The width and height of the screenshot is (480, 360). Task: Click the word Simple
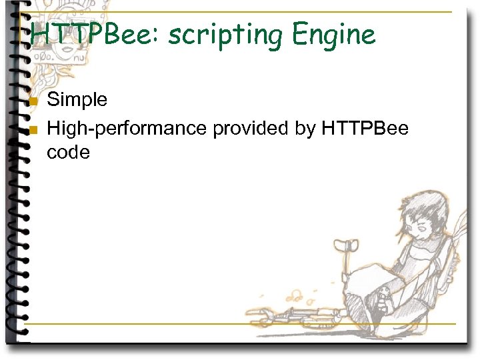click(77, 100)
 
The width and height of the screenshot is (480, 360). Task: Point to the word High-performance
click(127, 127)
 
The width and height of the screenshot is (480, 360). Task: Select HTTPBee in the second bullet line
click(365, 127)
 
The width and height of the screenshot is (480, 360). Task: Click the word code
click(68, 153)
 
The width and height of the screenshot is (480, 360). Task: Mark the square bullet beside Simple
click(34, 102)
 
